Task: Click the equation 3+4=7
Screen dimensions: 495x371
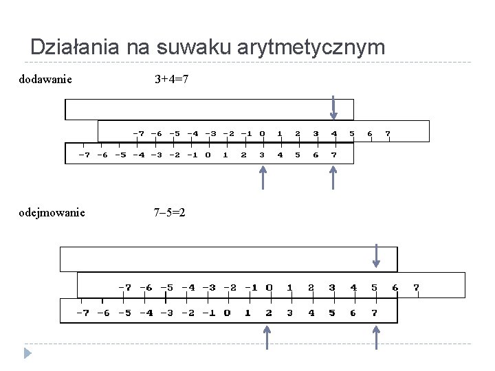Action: (x=172, y=80)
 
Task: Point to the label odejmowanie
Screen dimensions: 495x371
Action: (x=52, y=212)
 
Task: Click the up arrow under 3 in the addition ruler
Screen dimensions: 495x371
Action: (x=262, y=178)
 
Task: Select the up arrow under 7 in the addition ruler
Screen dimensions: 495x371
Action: (x=333, y=178)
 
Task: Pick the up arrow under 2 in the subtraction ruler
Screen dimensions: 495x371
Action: (x=267, y=337)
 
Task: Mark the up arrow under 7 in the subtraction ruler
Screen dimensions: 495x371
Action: (x=376, y=337)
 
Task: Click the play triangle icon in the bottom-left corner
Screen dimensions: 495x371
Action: (x=27, y=354)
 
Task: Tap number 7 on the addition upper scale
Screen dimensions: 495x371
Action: (x=388, y=133)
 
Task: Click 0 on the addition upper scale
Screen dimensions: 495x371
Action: (x=262, y=133)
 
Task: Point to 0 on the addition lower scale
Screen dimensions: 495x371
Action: (x=208, y=155)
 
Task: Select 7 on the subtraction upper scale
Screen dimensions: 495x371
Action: (x=416, y=287)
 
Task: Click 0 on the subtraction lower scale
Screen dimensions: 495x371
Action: (x=227, y=313)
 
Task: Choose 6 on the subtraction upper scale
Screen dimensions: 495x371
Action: (x=395, y=287)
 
